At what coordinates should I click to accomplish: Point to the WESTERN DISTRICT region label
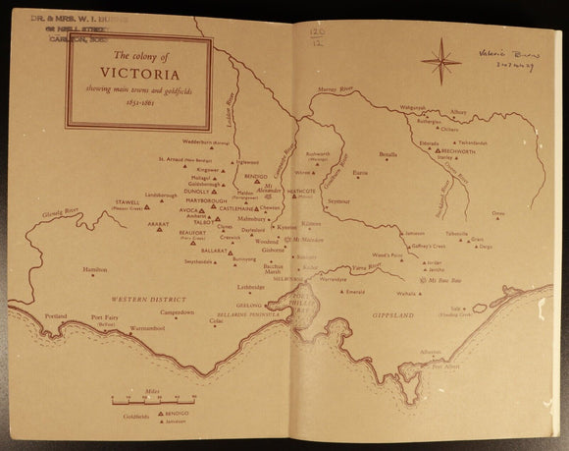coord(141,298)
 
